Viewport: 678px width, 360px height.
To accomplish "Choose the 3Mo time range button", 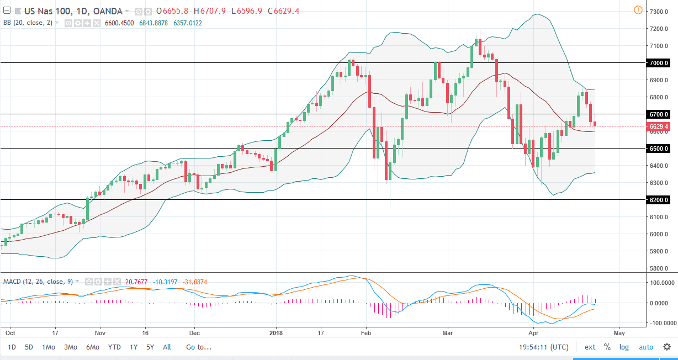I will [x=70, y=347].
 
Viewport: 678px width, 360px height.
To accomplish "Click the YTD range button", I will [x=114, y=347].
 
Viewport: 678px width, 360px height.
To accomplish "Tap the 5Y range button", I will [x=150, y=347].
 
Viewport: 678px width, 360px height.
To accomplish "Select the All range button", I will [x=167, y=347].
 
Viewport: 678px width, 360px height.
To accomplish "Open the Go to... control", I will [x=199, y=347].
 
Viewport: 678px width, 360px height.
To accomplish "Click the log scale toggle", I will [x=624, y=347].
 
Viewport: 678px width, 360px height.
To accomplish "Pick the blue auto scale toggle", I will [x=646, y=347].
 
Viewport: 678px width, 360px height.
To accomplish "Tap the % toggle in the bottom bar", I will [x=607, y=347].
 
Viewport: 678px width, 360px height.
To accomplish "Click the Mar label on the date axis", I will [x=448, y=333].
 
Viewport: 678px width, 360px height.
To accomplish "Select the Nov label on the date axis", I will [x=100, y=333].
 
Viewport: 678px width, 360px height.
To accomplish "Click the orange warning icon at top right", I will [x=638, y=9].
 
